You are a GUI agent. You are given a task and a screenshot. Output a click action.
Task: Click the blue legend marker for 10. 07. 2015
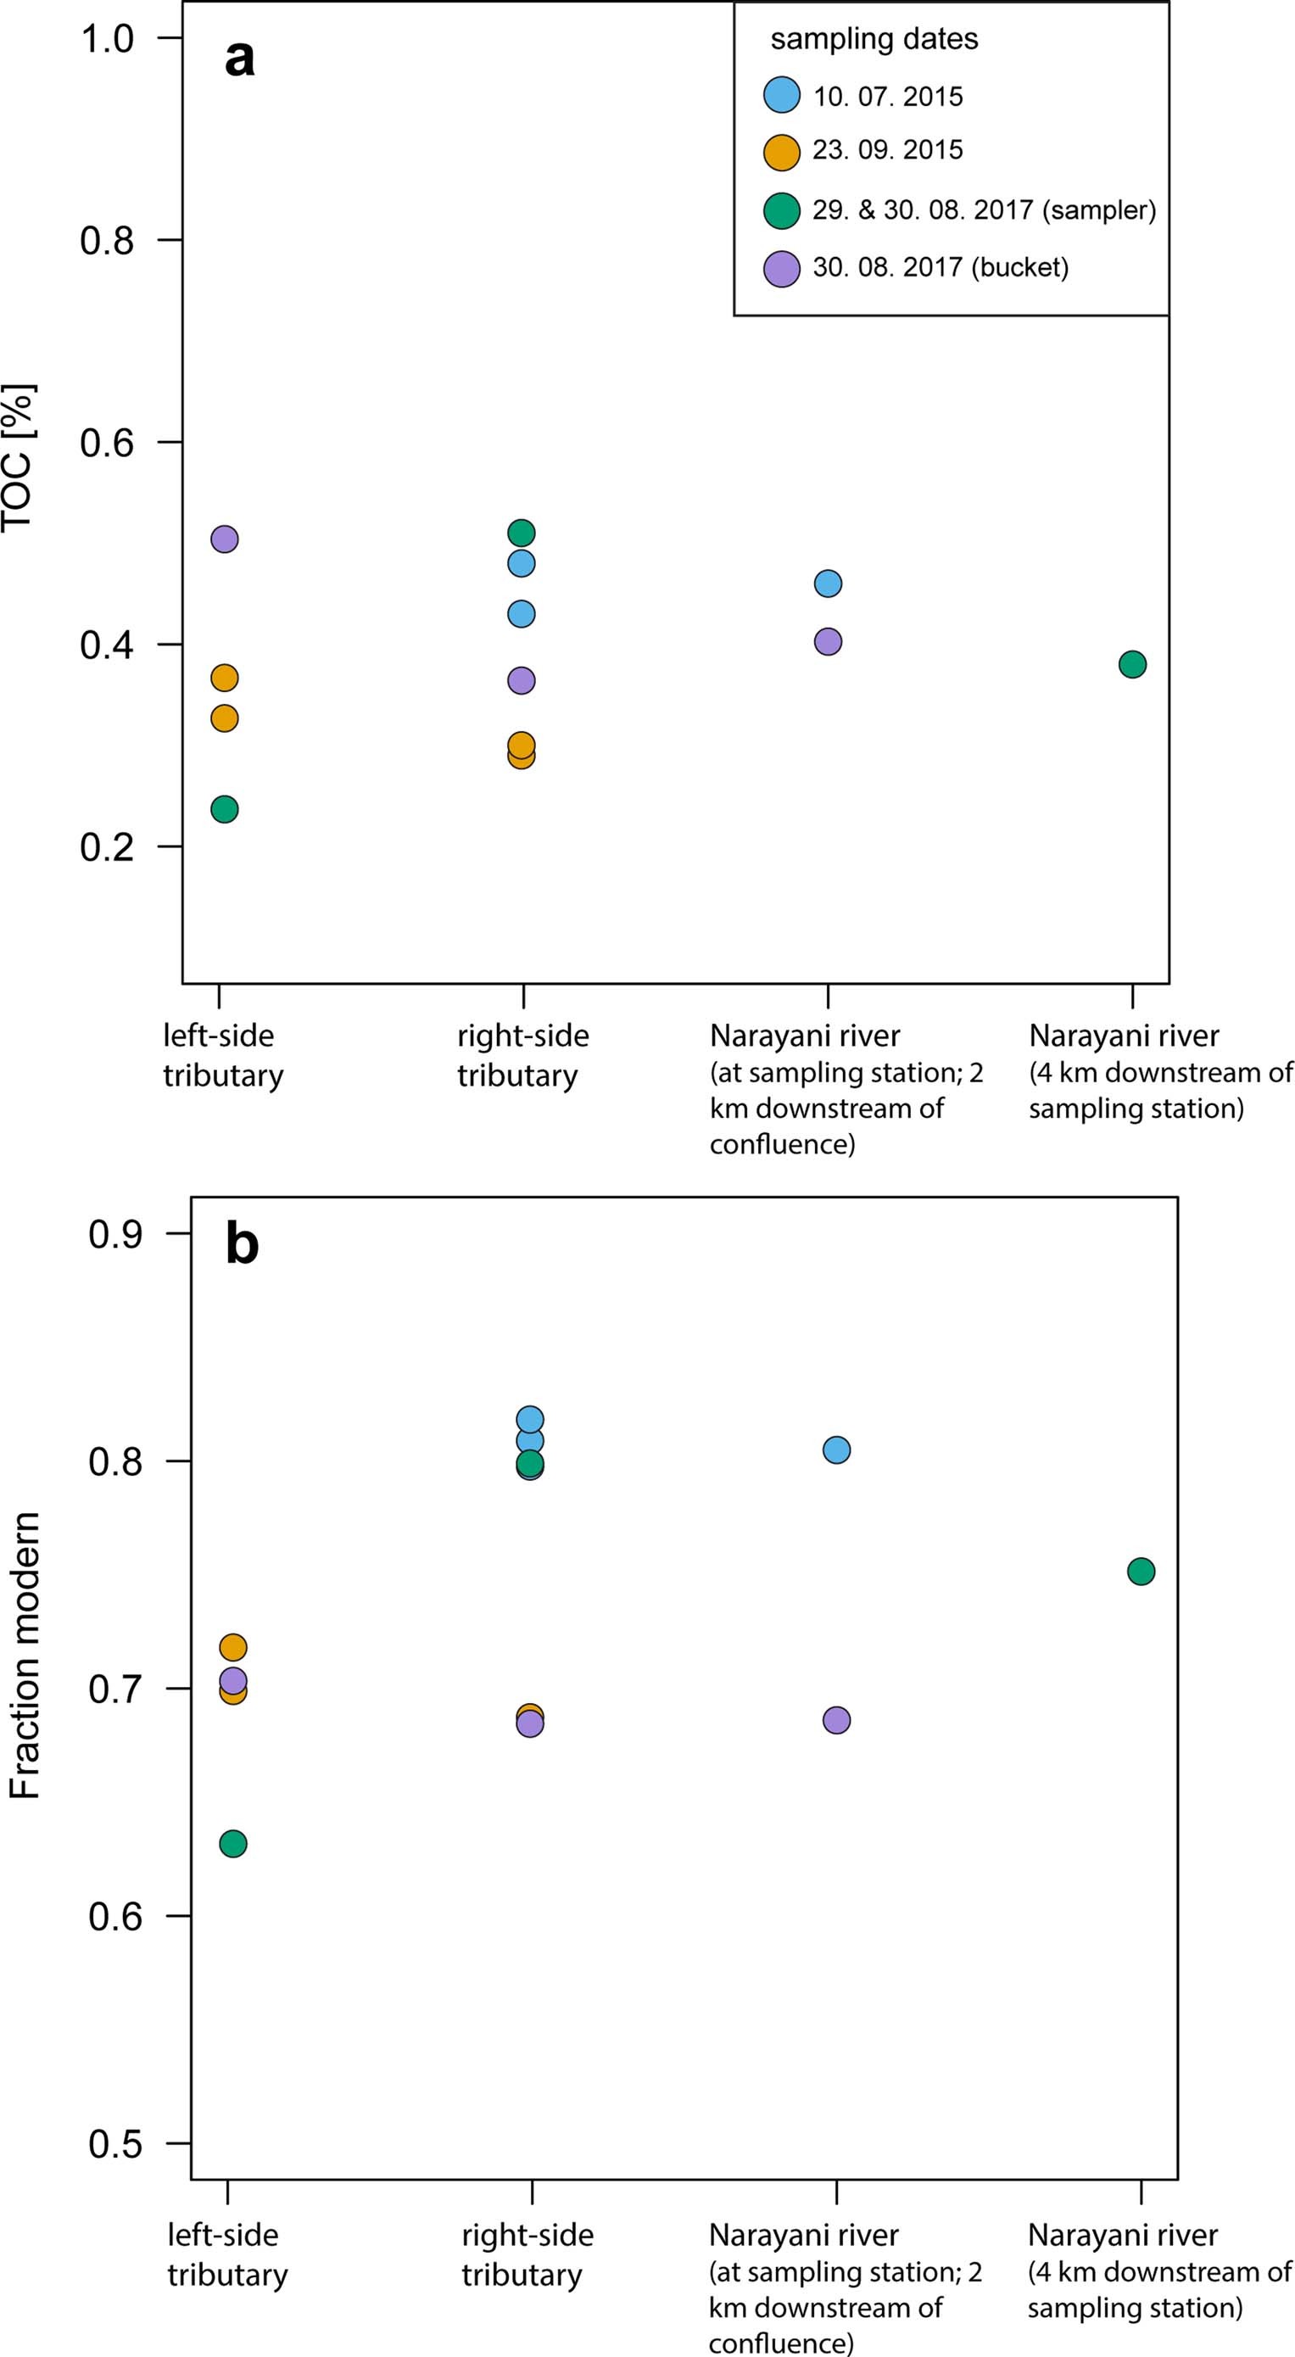[x=782, y=95]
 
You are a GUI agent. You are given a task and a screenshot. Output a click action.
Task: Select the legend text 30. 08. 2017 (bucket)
[x=940, y=268]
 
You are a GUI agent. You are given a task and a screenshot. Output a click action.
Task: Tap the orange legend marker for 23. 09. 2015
[x=782, y=152]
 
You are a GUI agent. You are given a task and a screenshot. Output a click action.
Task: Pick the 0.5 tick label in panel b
[x=115, y=2144]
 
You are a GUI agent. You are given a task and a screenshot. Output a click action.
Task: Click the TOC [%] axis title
[x=19, y=457]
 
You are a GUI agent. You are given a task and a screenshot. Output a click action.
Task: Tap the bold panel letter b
[x=242, y=1245]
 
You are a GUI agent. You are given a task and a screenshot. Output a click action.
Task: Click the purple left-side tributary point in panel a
[x=224, y=539]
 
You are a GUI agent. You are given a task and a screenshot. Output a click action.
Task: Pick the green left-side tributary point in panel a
[x=224, y=809]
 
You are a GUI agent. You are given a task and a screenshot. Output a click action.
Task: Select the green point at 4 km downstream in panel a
[x=1132, y=664]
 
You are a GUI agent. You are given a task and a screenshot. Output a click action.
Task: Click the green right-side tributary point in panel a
[x=521, y=533]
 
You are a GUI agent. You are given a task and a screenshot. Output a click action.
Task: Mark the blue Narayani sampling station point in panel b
[x=836, y=1450]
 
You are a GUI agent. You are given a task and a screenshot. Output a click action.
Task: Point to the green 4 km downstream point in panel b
[x=1141, y=1572]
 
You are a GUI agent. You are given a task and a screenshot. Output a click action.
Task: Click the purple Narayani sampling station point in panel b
[x=836, y=1720]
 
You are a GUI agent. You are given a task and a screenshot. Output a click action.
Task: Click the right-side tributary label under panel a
[x=522, y=1055]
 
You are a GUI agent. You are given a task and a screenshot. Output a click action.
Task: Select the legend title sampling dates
[x=874, y=39]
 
